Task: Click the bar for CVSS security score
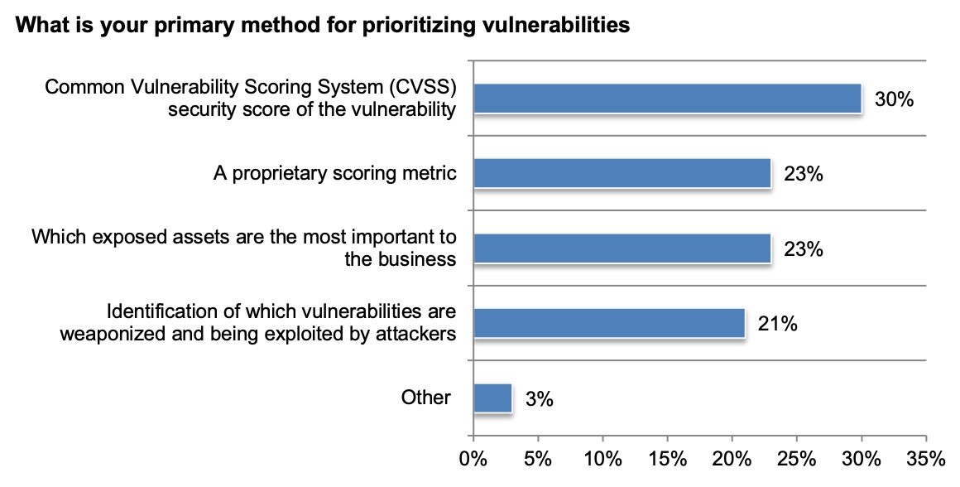(667, 99)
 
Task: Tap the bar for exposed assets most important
(622, 248)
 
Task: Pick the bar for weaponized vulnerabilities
(608, 322)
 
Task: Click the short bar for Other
(492, 398)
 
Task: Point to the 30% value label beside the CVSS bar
(894, 99)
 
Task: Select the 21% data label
(777, 324)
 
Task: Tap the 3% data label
(539, 398)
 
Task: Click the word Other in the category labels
(426, 398)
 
